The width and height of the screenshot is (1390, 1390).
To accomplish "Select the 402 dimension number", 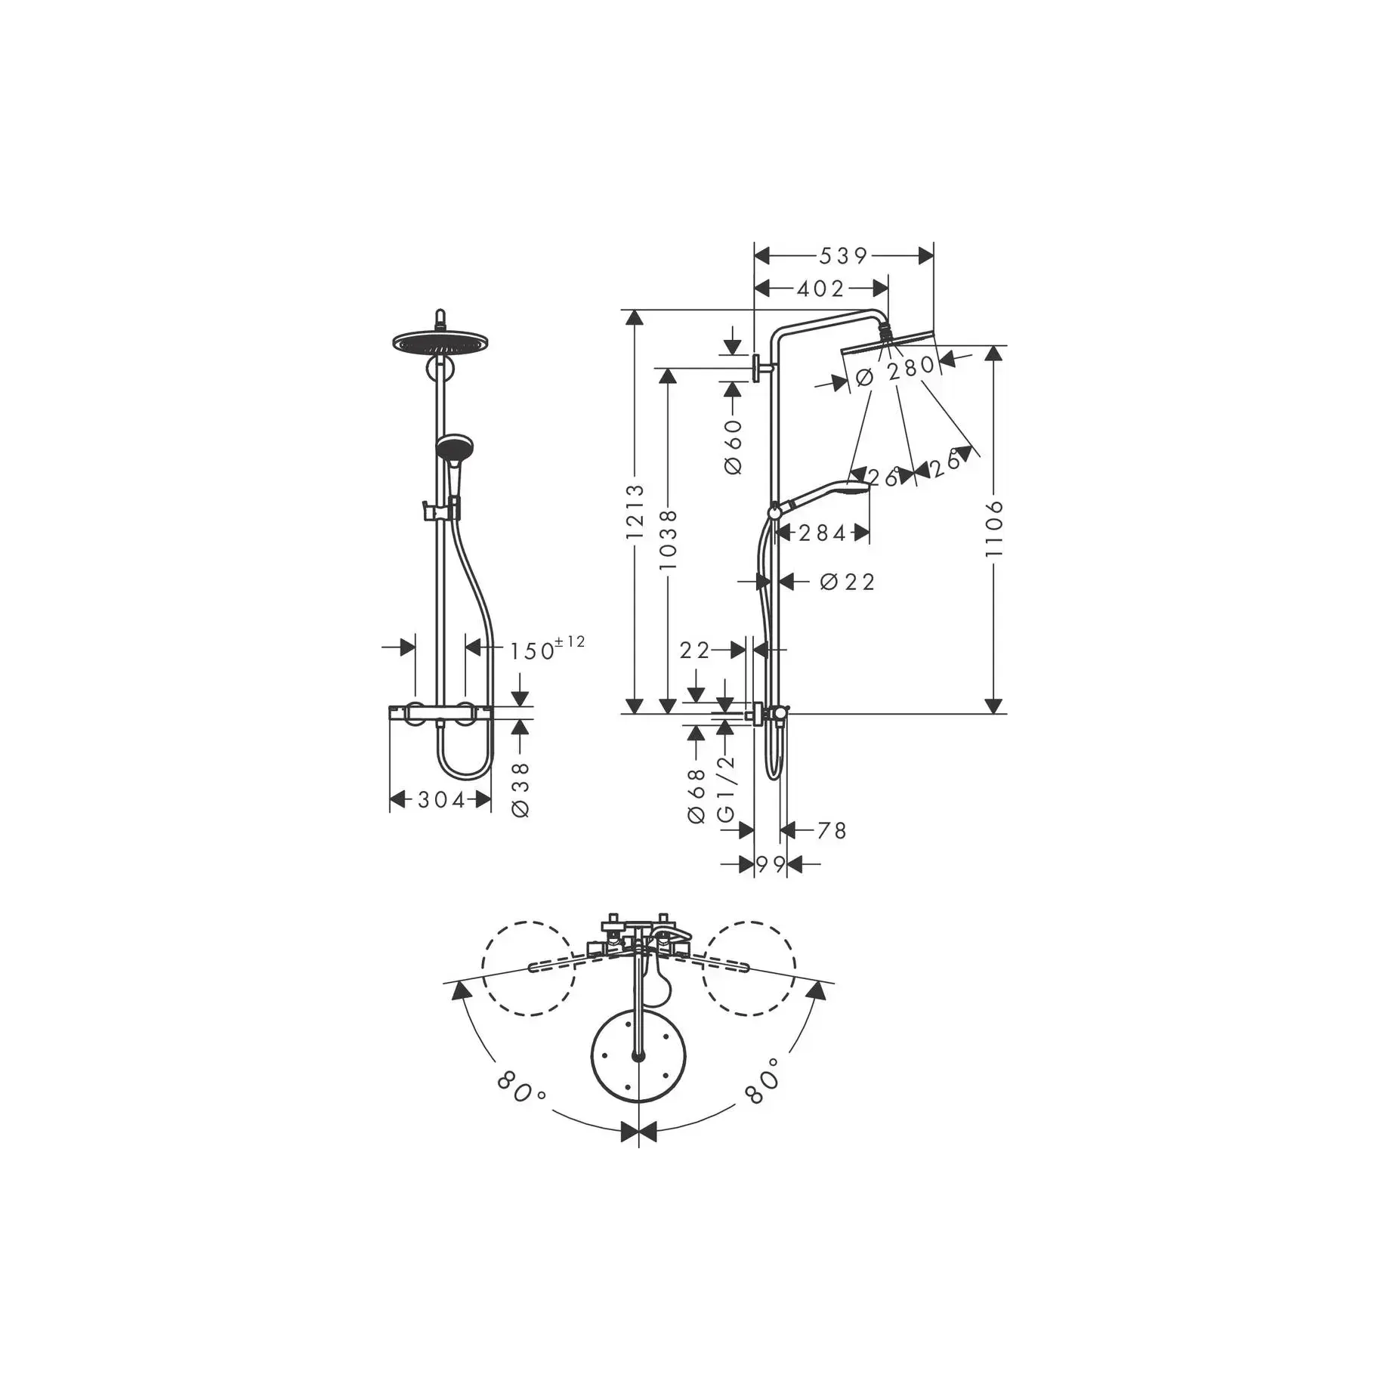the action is pyautogui.click(x=820, y=289).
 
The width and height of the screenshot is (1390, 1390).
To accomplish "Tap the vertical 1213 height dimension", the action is pyautogui.click(x=635, y=511).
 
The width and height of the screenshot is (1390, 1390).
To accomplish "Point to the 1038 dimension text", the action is pyautogui.click(x=668, y=539).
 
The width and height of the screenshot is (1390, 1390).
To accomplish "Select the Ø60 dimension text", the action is pyautogui.click(x=733, y=446).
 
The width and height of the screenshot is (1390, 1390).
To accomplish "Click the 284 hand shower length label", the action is pyautogui.click(x=822, y=533).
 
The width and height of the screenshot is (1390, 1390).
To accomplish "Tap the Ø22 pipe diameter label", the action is pyautogui.click(x=847, y=582).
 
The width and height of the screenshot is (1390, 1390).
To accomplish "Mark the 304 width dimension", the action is pyautogui.click(x=441, y=799).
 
